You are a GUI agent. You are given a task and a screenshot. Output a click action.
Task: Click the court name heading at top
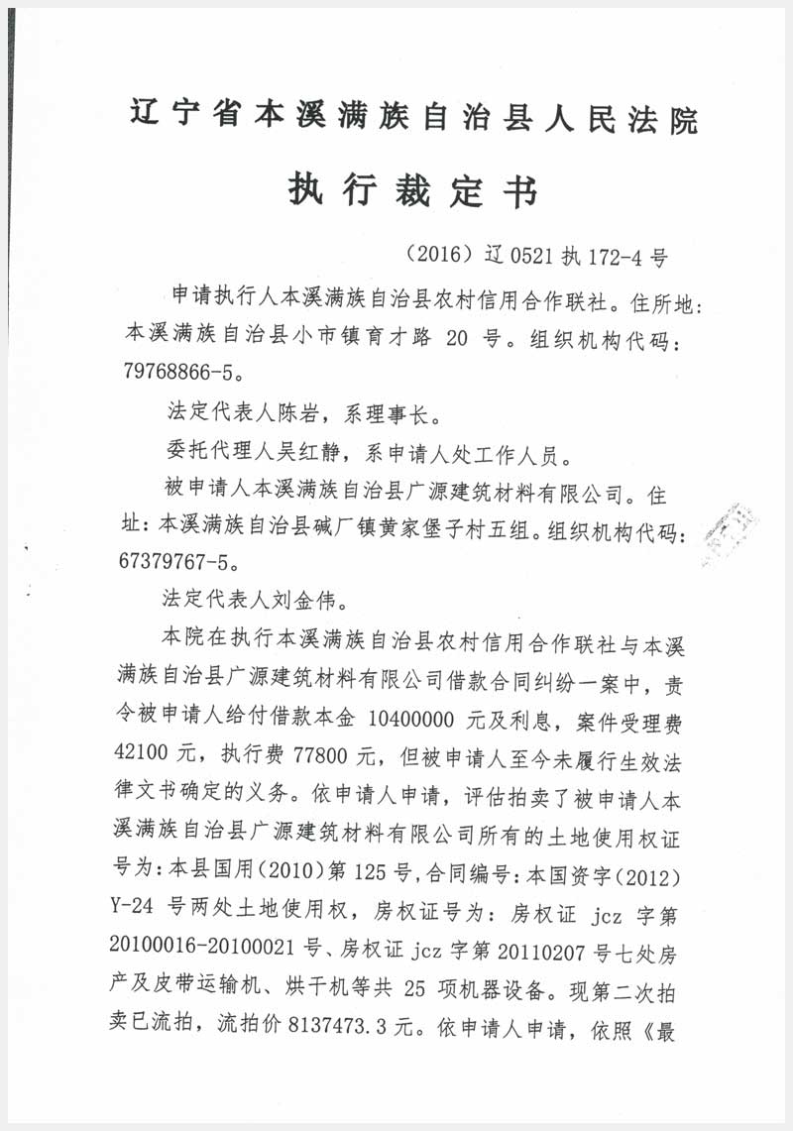pyautogui.click(x=413, y=120)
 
